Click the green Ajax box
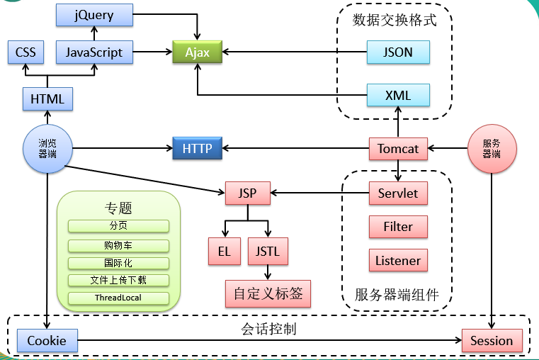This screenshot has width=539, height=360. (198, 52)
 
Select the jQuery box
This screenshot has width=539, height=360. (94, 15)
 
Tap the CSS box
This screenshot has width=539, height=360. (25, 52)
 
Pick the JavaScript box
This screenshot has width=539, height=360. (94, 52)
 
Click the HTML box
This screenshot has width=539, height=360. (47, 99)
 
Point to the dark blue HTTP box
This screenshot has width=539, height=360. (198, 148)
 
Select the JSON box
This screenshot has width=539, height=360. (398, 52)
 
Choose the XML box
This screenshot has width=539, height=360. (398, 95)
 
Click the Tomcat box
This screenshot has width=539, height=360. (398, 149)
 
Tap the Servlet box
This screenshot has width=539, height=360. (398, 193)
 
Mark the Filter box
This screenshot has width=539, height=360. (398, 227)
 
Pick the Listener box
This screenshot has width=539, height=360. (398, 260)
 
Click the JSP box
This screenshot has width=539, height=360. (248, 193)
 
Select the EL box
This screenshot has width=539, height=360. (225, 251)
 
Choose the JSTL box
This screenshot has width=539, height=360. (268, 251)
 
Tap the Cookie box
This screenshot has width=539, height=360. (47, 340)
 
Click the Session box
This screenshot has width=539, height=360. (492, 340)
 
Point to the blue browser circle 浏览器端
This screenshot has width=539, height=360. (47, 149)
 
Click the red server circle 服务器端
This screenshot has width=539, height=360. (492, 149)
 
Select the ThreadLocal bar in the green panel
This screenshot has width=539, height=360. (118, 298)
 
